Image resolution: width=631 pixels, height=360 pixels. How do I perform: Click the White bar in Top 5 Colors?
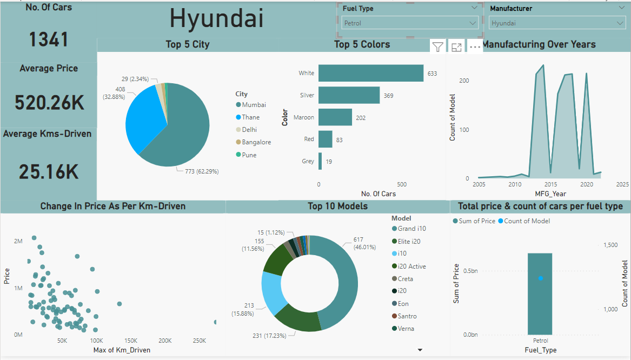coord(370,73)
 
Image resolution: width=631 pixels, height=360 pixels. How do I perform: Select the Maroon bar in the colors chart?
coord(335,117)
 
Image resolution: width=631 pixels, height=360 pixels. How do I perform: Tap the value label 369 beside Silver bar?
coord(389,96)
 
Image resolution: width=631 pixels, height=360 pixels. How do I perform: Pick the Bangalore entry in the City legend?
coord(256,142)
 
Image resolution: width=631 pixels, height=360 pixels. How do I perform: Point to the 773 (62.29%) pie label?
coord(198,171)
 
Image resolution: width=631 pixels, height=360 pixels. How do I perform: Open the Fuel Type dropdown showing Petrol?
coord(410,23)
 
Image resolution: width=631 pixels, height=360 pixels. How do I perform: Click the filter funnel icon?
coord(438,47)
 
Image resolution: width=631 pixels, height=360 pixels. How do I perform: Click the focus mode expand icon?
coord(456,47)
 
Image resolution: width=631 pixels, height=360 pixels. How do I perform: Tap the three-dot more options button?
coord(475,47)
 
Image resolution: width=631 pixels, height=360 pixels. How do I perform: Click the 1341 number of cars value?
coord(49,40)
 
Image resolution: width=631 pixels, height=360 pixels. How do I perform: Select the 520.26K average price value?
coord(49,102)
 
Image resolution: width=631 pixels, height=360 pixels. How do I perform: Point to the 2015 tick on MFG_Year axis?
coord(551,184)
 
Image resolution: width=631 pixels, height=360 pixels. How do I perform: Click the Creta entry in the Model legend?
coord(405,279)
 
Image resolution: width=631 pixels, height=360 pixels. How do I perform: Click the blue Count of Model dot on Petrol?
coord(540,278)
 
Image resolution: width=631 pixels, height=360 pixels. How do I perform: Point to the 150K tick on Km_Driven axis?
coord(130,341)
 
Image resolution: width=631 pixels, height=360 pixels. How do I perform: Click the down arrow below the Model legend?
coord(420,350)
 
